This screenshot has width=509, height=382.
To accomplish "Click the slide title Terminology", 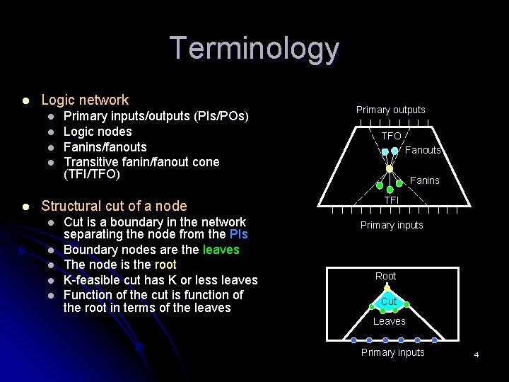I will (x=255, y=49).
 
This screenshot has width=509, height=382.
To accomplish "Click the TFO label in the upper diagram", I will (x=391, y=136).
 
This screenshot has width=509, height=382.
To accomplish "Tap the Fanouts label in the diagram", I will (x=423, y=150).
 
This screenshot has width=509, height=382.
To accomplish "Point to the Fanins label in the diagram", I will (x=425, y=180).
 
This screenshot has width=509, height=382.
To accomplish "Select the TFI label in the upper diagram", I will (x=391, y=200).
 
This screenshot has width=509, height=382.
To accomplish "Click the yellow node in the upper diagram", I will (x=390, y=169).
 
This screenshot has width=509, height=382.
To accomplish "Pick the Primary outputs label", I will (x=390, y=110).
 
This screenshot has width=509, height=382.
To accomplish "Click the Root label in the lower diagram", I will (x=385, y=276).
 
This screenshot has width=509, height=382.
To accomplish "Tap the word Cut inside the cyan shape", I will (x=388, y=301).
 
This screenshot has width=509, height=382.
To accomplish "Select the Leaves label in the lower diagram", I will (x=390, y=321).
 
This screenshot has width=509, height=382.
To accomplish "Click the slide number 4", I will (x=476, y=354).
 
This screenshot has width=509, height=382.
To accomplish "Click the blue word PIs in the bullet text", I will (x=238, y=234).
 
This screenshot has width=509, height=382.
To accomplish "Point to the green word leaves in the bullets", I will (x=221, y=250).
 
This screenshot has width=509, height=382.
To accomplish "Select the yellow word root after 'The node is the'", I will (x=165, y=265).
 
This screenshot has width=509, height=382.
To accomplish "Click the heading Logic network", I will (x=85, y=100).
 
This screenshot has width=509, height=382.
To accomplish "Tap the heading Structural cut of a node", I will (x=114, y=206).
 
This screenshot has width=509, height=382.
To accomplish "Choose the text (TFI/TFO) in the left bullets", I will (x=92, y=174).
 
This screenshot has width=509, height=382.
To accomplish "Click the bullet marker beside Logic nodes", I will (x=51, y=132).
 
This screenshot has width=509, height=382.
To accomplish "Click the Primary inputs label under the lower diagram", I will (x=392, y=352).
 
